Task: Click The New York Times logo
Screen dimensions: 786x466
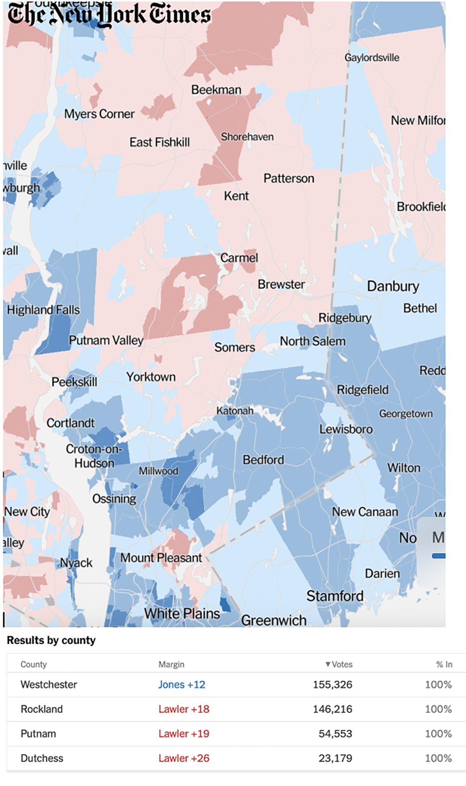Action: point(109,14)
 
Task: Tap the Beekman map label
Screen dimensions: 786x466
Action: point(216,90)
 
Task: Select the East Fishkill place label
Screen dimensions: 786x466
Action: point(159,142)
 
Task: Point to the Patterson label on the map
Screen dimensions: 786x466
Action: point(288,178)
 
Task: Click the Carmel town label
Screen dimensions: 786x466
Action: point(239,258)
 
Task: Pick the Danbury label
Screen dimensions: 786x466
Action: point(393,286)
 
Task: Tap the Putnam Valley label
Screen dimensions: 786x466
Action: point(106,340)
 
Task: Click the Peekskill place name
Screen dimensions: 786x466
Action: point(74,382)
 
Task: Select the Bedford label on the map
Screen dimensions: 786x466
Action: point(264,460)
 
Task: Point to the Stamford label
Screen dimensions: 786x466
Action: point(335,596)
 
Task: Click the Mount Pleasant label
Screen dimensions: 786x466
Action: point(161,558)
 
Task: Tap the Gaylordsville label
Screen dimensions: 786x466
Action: point(372,58)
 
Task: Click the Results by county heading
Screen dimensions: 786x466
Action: point(51,640)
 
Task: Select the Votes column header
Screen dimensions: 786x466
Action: point(339,664)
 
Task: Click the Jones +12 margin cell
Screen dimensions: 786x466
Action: point(182,684)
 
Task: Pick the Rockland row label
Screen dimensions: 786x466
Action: point(42,709)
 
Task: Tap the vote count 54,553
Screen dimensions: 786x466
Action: point(335,733)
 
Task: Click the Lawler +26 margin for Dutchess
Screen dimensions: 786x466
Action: point(184,758)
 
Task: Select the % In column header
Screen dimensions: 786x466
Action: point(444,664)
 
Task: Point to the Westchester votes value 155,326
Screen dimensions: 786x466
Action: point(332,684)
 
